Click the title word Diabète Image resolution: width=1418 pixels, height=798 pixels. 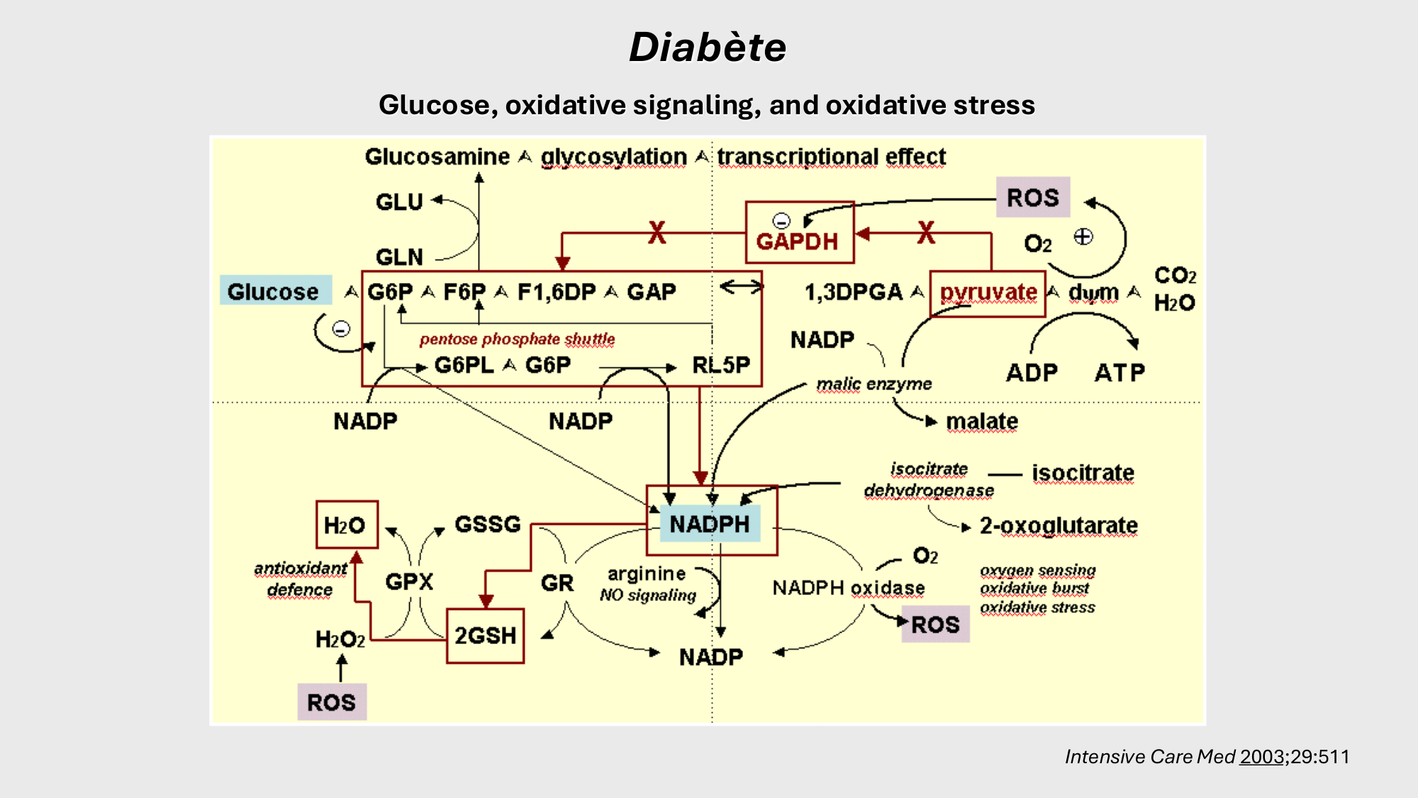(708, 48)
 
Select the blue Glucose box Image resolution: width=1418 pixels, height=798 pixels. (275, 291)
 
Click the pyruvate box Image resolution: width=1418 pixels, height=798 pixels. (988, 293)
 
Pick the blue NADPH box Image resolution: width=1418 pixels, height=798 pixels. (710, 524)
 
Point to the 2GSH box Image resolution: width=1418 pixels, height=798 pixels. (486, 636)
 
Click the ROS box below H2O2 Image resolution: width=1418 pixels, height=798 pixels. (331, 702)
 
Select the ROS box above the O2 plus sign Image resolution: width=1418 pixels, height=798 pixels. (1032, 198)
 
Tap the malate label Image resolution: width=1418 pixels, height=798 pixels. (982, 421)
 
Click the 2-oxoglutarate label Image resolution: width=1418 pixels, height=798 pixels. (1059, 526)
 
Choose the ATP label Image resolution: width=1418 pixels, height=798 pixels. (1120, 372)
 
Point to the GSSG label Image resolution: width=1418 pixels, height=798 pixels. (488, 524)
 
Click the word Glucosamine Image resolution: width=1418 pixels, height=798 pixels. (437, 157)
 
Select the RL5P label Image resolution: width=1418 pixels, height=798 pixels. (721, 365)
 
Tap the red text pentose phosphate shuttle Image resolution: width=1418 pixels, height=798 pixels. (517, 339)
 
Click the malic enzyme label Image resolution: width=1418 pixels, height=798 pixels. (873, 384)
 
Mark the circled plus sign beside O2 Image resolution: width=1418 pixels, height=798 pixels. (1083, 237)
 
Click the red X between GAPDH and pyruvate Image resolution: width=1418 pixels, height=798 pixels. (926, 233)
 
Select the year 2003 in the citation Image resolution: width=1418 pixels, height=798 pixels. (1262, 757)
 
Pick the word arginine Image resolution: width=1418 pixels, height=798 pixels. (647, 574)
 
